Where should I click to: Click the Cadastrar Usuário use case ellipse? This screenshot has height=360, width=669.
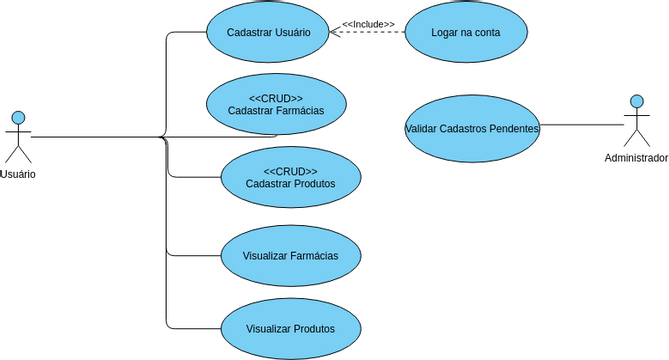tap(268, 32)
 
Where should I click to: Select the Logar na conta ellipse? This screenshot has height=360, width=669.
tap(467, 32)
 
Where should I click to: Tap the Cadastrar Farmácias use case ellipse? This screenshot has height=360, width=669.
tap(275, 104)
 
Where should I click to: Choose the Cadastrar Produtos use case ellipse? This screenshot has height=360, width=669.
tap(290, 177)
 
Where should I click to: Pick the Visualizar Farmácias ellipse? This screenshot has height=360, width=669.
tap(290, 255)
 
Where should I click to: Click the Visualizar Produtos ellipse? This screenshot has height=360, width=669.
tap(290, 328)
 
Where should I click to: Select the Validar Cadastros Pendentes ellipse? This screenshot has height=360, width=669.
tap(472, 128)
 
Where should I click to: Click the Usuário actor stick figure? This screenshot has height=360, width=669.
tap(18, 137)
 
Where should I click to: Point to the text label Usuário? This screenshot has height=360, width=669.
tap(18, 174)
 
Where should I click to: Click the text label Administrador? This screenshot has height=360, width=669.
tap(636, 158)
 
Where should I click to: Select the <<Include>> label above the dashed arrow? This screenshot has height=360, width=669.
tap(368, 24)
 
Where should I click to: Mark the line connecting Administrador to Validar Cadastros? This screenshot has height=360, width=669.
tap(582, 125)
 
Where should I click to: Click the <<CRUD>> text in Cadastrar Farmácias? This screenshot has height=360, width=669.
tap(275, 98)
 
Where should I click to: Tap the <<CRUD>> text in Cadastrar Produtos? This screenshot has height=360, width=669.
tap(290, 171)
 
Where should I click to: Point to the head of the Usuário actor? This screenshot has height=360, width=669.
tap(18, 115)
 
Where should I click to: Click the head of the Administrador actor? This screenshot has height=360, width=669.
tap(636, 101)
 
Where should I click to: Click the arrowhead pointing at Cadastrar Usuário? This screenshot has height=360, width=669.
tap(335, 33)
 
